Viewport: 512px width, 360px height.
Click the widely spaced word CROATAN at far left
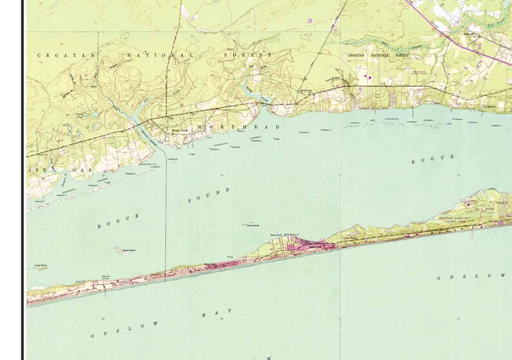tap(66, 55)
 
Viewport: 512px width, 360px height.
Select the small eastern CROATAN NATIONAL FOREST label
tap(379, 57)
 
